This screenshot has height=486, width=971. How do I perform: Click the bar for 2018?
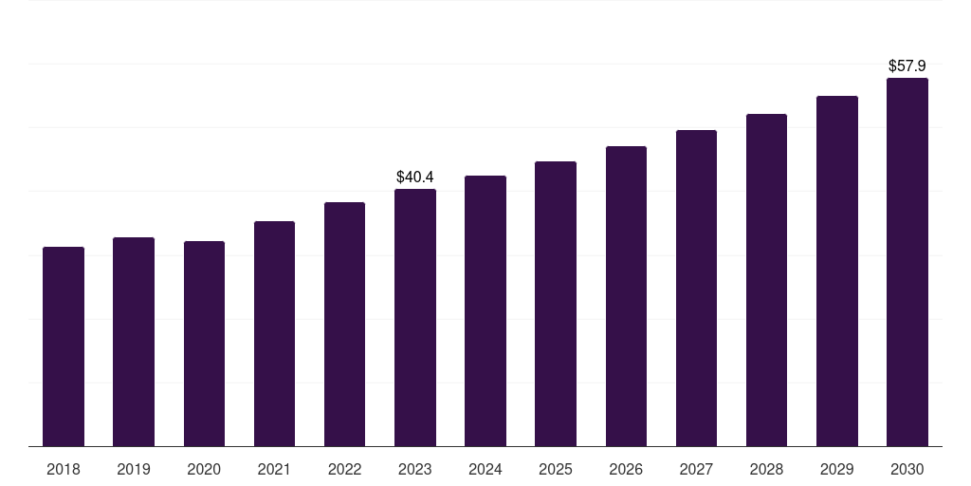click(64, 346)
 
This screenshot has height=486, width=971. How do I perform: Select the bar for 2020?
click(204, 344)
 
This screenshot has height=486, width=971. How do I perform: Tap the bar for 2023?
click(415, 318)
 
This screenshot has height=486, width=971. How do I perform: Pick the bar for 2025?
click(556, 304)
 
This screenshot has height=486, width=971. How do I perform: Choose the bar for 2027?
click(696, 289)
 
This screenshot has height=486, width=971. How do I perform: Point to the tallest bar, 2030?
click(907, 262)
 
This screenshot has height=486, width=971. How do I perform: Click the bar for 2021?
click(274, 334)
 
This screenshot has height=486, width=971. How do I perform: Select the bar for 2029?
click(836, 271)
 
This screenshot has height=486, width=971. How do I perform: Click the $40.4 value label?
click(415, 177)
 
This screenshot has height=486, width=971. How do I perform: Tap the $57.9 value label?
click(907, 66)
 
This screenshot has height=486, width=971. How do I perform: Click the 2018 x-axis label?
click(64, 469)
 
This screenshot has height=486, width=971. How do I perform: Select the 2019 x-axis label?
click(134, 469)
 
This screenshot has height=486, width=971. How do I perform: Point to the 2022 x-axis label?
click(344, 469)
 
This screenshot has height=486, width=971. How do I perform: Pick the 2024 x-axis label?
click(485, 469)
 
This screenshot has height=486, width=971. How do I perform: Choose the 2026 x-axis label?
click(626, 469)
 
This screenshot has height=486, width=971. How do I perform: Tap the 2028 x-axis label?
click(766, 469)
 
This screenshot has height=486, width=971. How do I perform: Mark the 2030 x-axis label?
click(907, 469)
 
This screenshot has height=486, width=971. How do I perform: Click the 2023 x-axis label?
click(415, 469)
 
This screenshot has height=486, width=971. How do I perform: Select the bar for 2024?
click(485, 311)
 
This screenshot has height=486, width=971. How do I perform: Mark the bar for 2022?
click(344, 325)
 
